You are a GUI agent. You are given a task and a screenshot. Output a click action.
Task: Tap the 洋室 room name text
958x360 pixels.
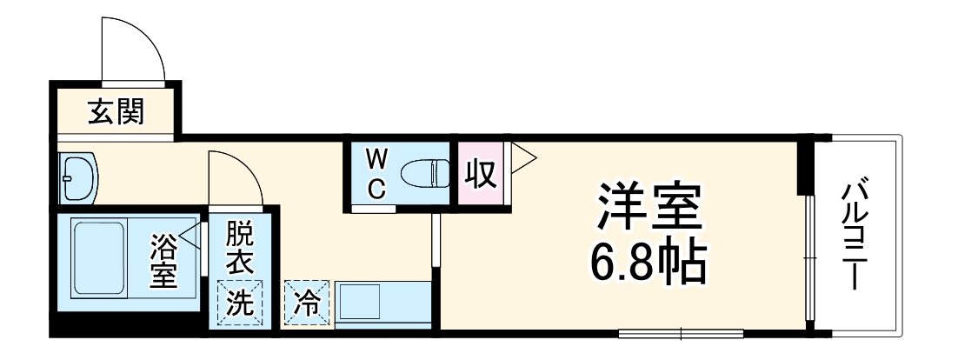[648, 205]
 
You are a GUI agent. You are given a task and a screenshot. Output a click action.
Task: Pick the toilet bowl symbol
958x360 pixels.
[426, 174]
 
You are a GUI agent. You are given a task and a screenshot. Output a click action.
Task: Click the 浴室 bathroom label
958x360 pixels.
[163, 261]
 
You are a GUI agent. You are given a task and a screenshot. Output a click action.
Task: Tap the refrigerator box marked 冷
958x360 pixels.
[306, 303]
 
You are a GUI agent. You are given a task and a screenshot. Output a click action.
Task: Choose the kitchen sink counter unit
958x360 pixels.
[383, 304]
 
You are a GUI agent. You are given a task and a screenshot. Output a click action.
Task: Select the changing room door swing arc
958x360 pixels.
[235, 178]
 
